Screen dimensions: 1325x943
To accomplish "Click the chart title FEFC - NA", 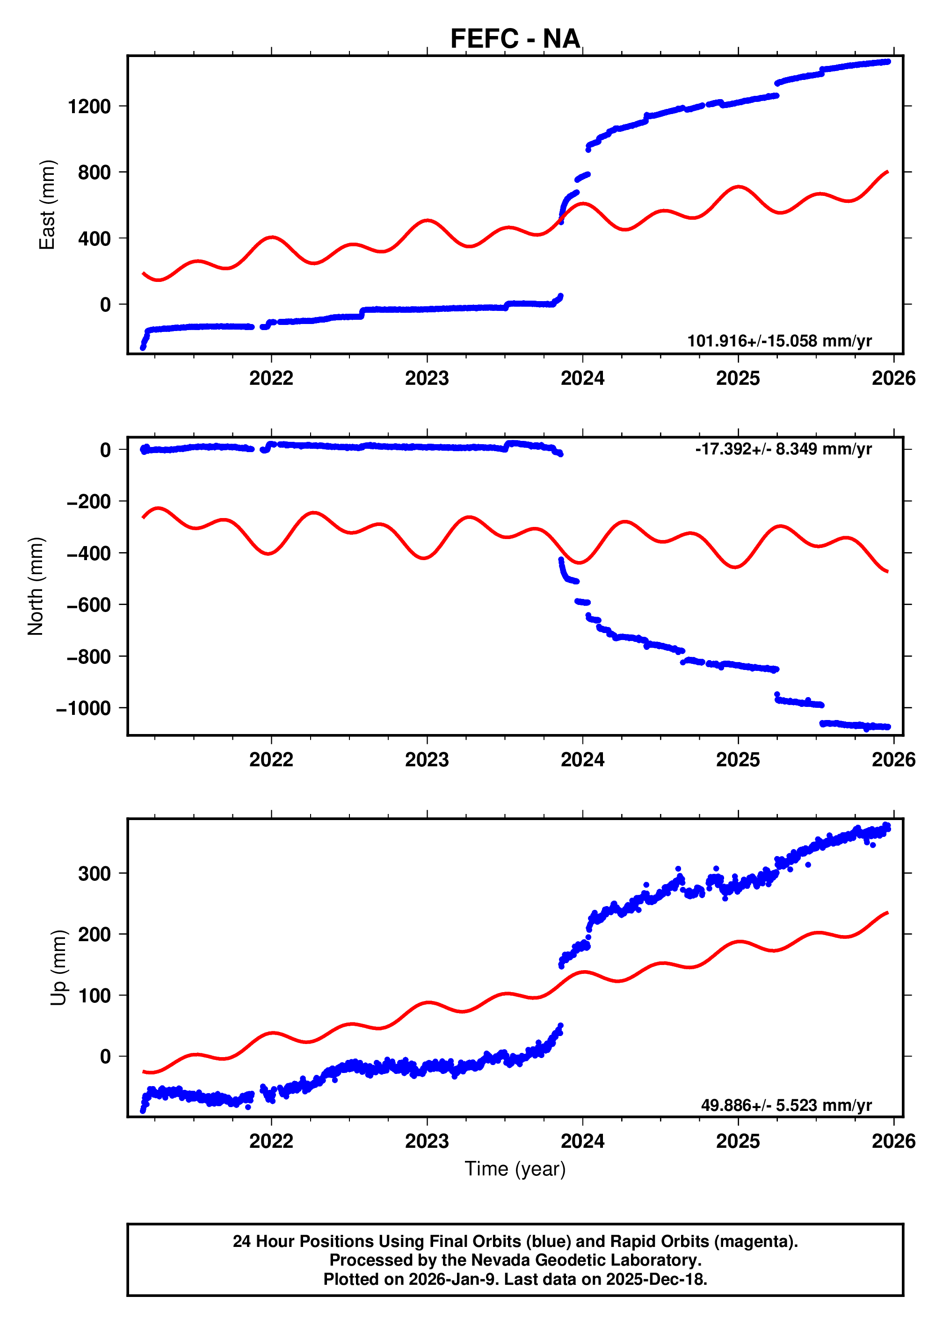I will pos(515,39).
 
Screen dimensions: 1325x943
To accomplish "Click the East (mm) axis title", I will pos(47,205).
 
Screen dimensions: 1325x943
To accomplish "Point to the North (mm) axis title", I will pos(36,586).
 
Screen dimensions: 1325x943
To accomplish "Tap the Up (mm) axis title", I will pos(58,967).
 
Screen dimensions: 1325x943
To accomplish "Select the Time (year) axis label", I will pos(515,1168).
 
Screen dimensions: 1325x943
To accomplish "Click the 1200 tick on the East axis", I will pos(89,107).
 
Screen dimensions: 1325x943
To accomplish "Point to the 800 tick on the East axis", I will pos(94,173).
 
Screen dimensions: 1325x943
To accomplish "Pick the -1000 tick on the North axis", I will pos(83,709).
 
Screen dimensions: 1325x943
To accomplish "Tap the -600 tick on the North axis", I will pos(88,605).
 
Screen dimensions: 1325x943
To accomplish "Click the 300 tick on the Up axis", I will pos(94,873).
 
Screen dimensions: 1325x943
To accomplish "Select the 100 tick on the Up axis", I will pos(94,996).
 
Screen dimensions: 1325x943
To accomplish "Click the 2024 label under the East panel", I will pos(582,378).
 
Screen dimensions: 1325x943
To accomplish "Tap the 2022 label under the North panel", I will pos(271,760).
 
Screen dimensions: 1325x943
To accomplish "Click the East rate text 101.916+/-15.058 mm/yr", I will pos(779,341).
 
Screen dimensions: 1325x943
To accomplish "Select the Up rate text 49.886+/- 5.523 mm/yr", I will pos(786,1105).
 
